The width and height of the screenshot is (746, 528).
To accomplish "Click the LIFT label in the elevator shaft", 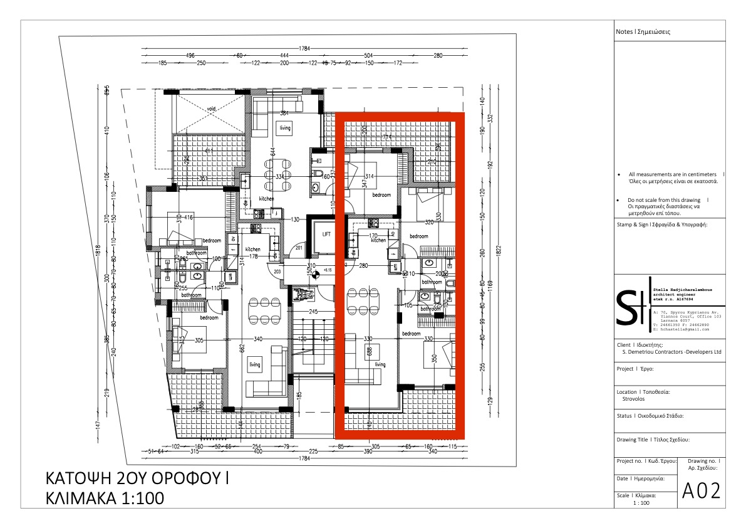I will click(326, 234).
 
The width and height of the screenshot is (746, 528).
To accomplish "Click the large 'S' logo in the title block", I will click(626, 307).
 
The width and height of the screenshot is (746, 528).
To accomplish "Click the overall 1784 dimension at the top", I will click(305, 48).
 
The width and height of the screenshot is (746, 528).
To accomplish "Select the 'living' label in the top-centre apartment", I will click(285, 128).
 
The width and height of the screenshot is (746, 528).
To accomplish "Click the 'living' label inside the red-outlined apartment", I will click(380, 364).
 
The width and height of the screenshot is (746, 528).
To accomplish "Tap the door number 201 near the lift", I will click(299, 248).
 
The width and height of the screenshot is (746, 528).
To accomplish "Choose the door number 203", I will click(277, 271).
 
